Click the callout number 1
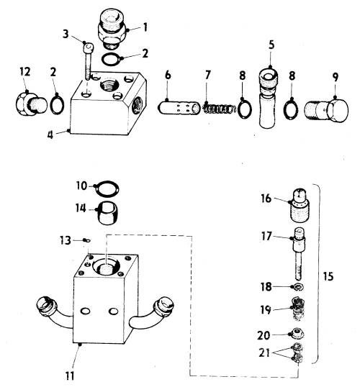click(145, 27)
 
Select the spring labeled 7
click(219, 109)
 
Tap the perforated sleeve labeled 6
click(179, 108)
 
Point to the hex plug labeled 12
click(31, 104)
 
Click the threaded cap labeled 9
click(326, 110)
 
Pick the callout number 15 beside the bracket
click(328, 276)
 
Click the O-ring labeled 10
click(107, 188)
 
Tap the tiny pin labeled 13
click(87, 240)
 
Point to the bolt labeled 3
click(88, 61)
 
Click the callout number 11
click(70, 376)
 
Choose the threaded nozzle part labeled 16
click(300, 205)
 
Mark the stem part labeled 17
click(299, 253)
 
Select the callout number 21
click(264, 352)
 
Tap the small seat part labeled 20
click(298, 334)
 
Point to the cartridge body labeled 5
click(268, 98)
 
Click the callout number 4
click(50, 135)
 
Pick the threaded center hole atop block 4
click(109, 86)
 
